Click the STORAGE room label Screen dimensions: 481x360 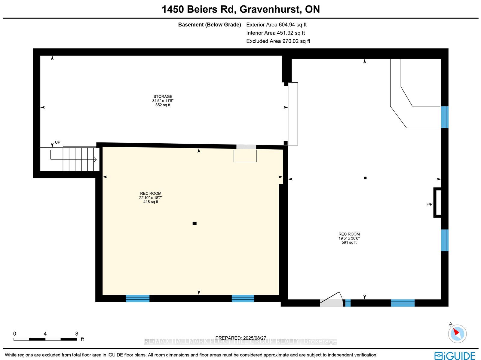click(x=163, y=96)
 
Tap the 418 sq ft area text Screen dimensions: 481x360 click(x=151, y=202)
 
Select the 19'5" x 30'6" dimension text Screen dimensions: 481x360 click(x=349, y=238)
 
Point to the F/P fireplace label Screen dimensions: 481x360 click(x=430, y=204)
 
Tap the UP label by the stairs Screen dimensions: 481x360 click(x=58, y=142)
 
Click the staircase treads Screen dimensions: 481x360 click(x=81, y=159)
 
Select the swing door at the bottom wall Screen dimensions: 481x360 click(x=332, y=299)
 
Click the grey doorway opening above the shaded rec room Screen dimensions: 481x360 click(x=246, y=147)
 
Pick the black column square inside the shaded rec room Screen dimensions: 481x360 click(x=195, y=223)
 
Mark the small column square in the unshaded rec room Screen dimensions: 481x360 click(x=365, y=178)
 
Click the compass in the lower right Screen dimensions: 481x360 click(x=457, y=334)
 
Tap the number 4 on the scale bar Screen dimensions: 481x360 click(x=45, y=334)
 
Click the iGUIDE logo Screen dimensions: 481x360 click(x=455, y=355)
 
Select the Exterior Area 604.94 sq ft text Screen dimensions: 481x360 click(x=276, y=25)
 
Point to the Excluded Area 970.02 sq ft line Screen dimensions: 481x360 click(x=278, y=41)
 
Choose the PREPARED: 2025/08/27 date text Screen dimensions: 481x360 click(x=240, y=338)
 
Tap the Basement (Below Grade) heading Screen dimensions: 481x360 click(x=210, y=25)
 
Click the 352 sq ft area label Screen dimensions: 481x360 click(x=163, y=105)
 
